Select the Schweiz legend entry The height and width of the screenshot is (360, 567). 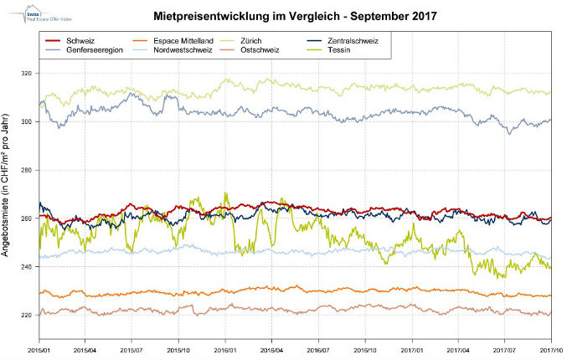click(x=80, y=40)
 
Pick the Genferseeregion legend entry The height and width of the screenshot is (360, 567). click(x=93, y=50)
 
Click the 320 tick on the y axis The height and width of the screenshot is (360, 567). click(x=28, y=74)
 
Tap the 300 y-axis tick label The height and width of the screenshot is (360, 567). click(x=28, y=122)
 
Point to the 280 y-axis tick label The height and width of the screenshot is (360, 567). click(x=28, y=171)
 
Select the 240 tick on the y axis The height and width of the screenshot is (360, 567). click(x=28, y=267)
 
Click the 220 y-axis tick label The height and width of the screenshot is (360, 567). click(x=28, y=316)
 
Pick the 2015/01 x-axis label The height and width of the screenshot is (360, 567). click(x=39, y=349)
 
